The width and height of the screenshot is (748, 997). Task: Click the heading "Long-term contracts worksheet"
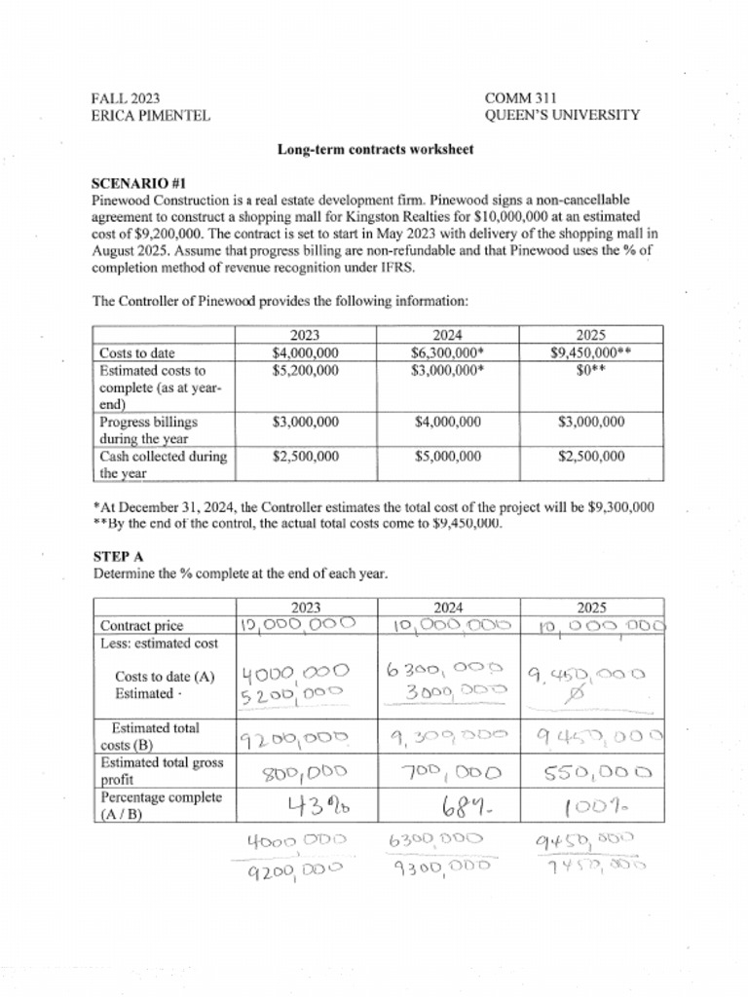point(375,149)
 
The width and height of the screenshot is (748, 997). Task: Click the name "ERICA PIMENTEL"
point(150,115)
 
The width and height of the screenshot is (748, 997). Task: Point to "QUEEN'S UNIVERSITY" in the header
point(562,115)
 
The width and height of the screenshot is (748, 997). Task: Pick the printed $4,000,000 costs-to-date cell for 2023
point(305,353)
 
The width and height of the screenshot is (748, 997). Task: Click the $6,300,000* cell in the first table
point(448,353)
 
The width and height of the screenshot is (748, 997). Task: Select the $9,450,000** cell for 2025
point(591,353)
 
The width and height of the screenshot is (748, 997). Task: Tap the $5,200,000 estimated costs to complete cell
point(305,371)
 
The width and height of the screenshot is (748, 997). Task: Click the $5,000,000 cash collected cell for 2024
point(448,456)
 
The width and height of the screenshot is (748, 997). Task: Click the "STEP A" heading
point(118,556)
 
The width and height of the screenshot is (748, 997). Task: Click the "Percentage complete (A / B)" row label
point(162,806)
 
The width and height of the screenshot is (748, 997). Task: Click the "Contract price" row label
point(142,626)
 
